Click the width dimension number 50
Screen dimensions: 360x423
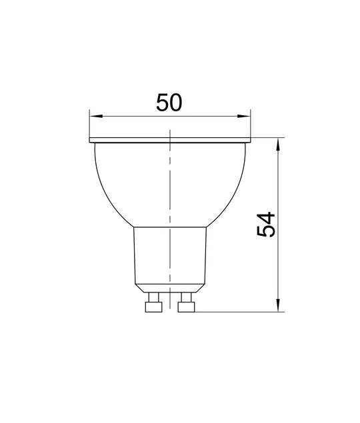(169, 102)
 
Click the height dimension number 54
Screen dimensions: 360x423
(266, 224)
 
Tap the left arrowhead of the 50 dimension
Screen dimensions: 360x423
(97, 117)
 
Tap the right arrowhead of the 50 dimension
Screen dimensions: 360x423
(244, 117)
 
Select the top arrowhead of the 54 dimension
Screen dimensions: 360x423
(278, 145)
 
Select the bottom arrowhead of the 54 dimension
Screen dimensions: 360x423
(278, 305)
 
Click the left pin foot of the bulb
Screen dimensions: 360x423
(154, 307)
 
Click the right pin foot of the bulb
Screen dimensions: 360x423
(186, 307)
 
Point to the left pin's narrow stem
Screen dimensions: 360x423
(154, 297)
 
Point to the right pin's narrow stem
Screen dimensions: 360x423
(187, 297)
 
